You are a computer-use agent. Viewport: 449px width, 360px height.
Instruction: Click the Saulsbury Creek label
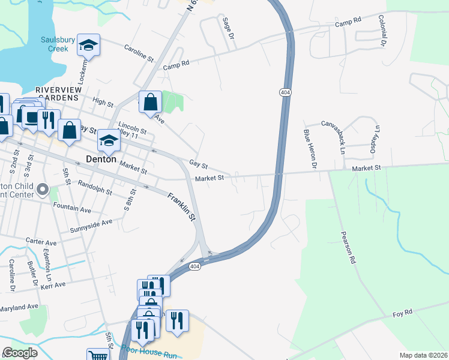[x=58, y=44]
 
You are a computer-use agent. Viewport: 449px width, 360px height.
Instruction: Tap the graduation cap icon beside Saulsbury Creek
[x=88, y=45]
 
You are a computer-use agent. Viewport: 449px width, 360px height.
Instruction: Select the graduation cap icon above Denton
[x=109, y=140]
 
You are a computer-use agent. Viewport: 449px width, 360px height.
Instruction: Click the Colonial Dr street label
[x=382, y=31]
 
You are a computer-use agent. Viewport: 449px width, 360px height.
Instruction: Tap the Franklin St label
[x=182, y=206]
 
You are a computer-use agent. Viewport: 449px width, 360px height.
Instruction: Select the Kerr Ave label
[x=54, y=285]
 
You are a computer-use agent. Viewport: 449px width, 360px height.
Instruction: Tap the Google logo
[x=20, y=352]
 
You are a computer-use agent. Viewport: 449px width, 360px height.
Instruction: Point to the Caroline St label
[x=139, y=52]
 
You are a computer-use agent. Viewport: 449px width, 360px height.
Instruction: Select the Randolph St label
[x=95, y=189]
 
